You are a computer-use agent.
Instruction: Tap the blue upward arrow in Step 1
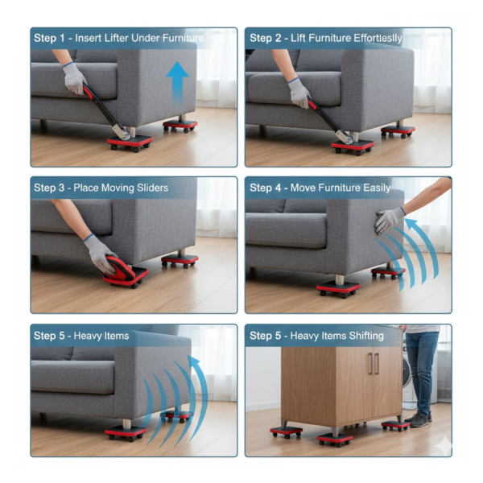(178, 81)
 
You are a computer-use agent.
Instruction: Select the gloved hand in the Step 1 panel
(75, 79)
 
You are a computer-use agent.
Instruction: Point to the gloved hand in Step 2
(299, 92)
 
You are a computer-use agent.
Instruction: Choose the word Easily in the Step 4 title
(373, 188)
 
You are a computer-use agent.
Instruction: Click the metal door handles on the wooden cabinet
(372, 363)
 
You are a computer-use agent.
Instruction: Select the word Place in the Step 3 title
(87, 188)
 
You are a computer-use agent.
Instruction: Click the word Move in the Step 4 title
(303, 188)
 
